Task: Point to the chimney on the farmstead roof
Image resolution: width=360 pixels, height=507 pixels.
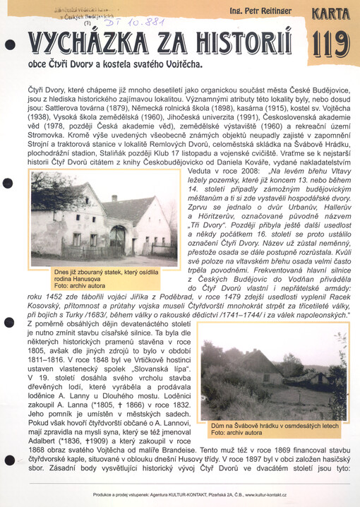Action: tap(114, 199)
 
